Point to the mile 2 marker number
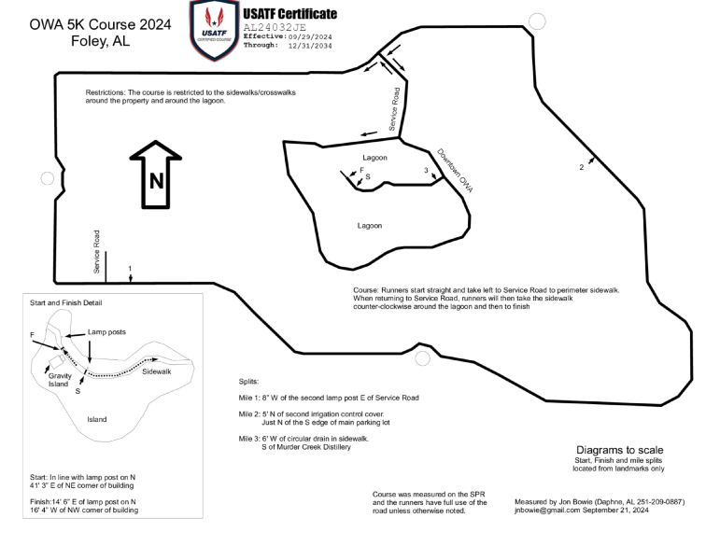coord(581,167)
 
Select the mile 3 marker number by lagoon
coord(426,170)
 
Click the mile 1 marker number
coord(130,268)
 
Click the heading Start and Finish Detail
coord(66,303)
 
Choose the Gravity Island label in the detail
coord(59,380)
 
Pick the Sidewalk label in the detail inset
coord(156,372)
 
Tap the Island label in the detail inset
coord(97,419)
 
